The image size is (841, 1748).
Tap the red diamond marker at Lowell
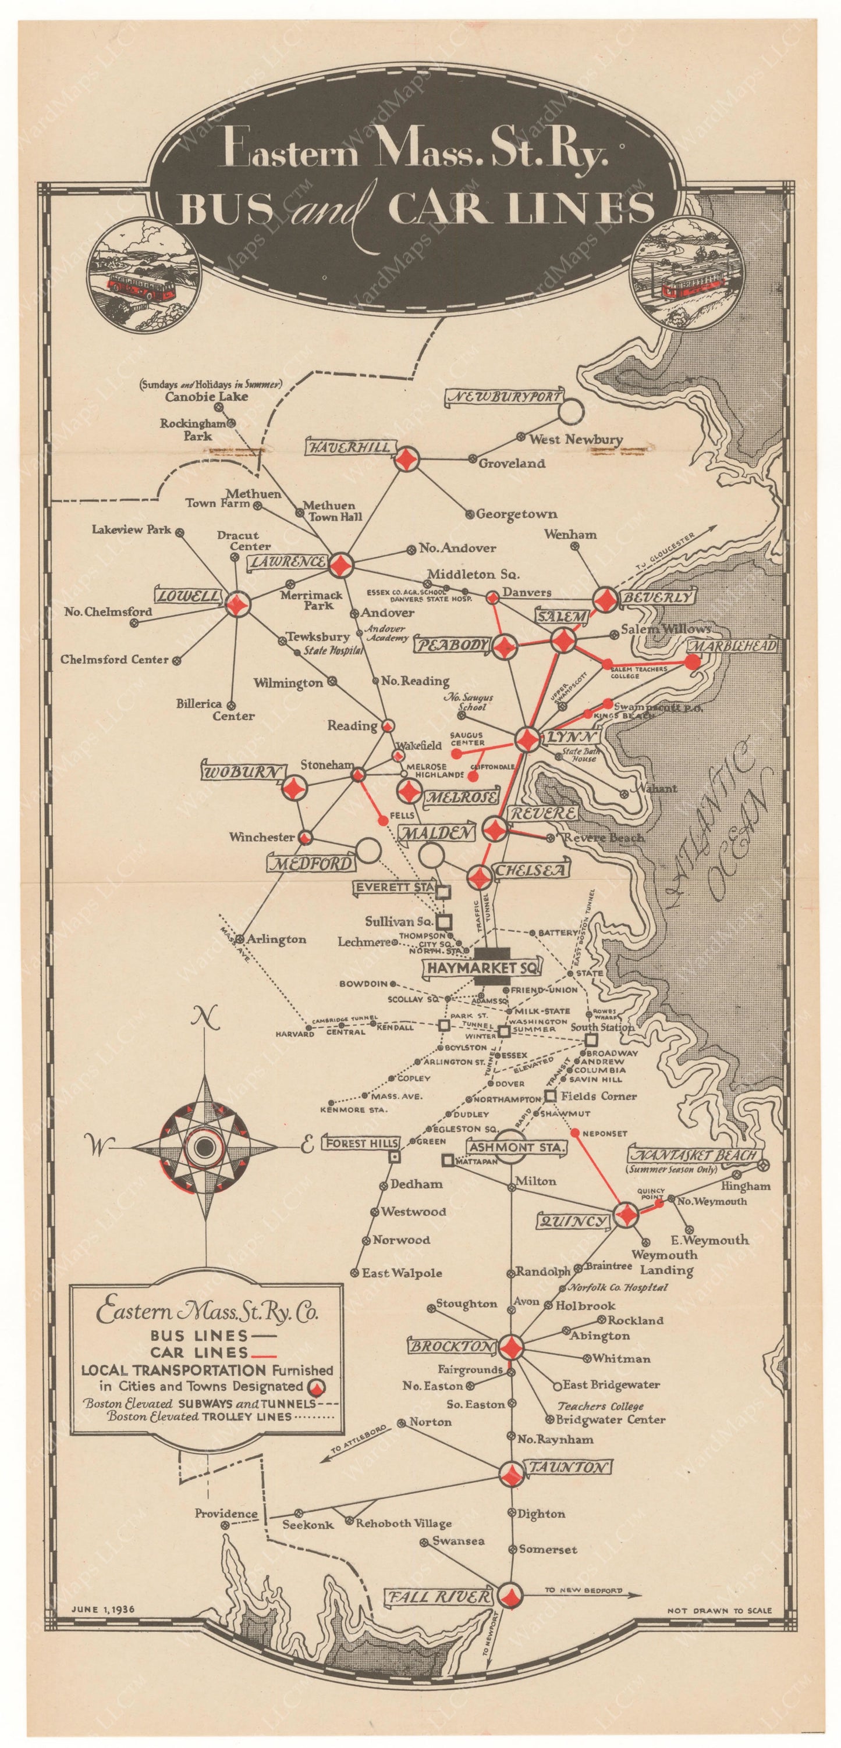pos(238,604)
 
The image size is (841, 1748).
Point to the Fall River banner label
pos(438,1597)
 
